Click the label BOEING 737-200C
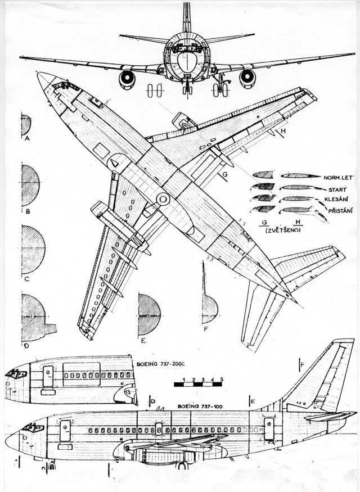pos(160,364)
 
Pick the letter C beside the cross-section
pos(26,278)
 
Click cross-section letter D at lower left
pos(26,344)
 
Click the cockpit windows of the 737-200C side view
pos(16,373)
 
